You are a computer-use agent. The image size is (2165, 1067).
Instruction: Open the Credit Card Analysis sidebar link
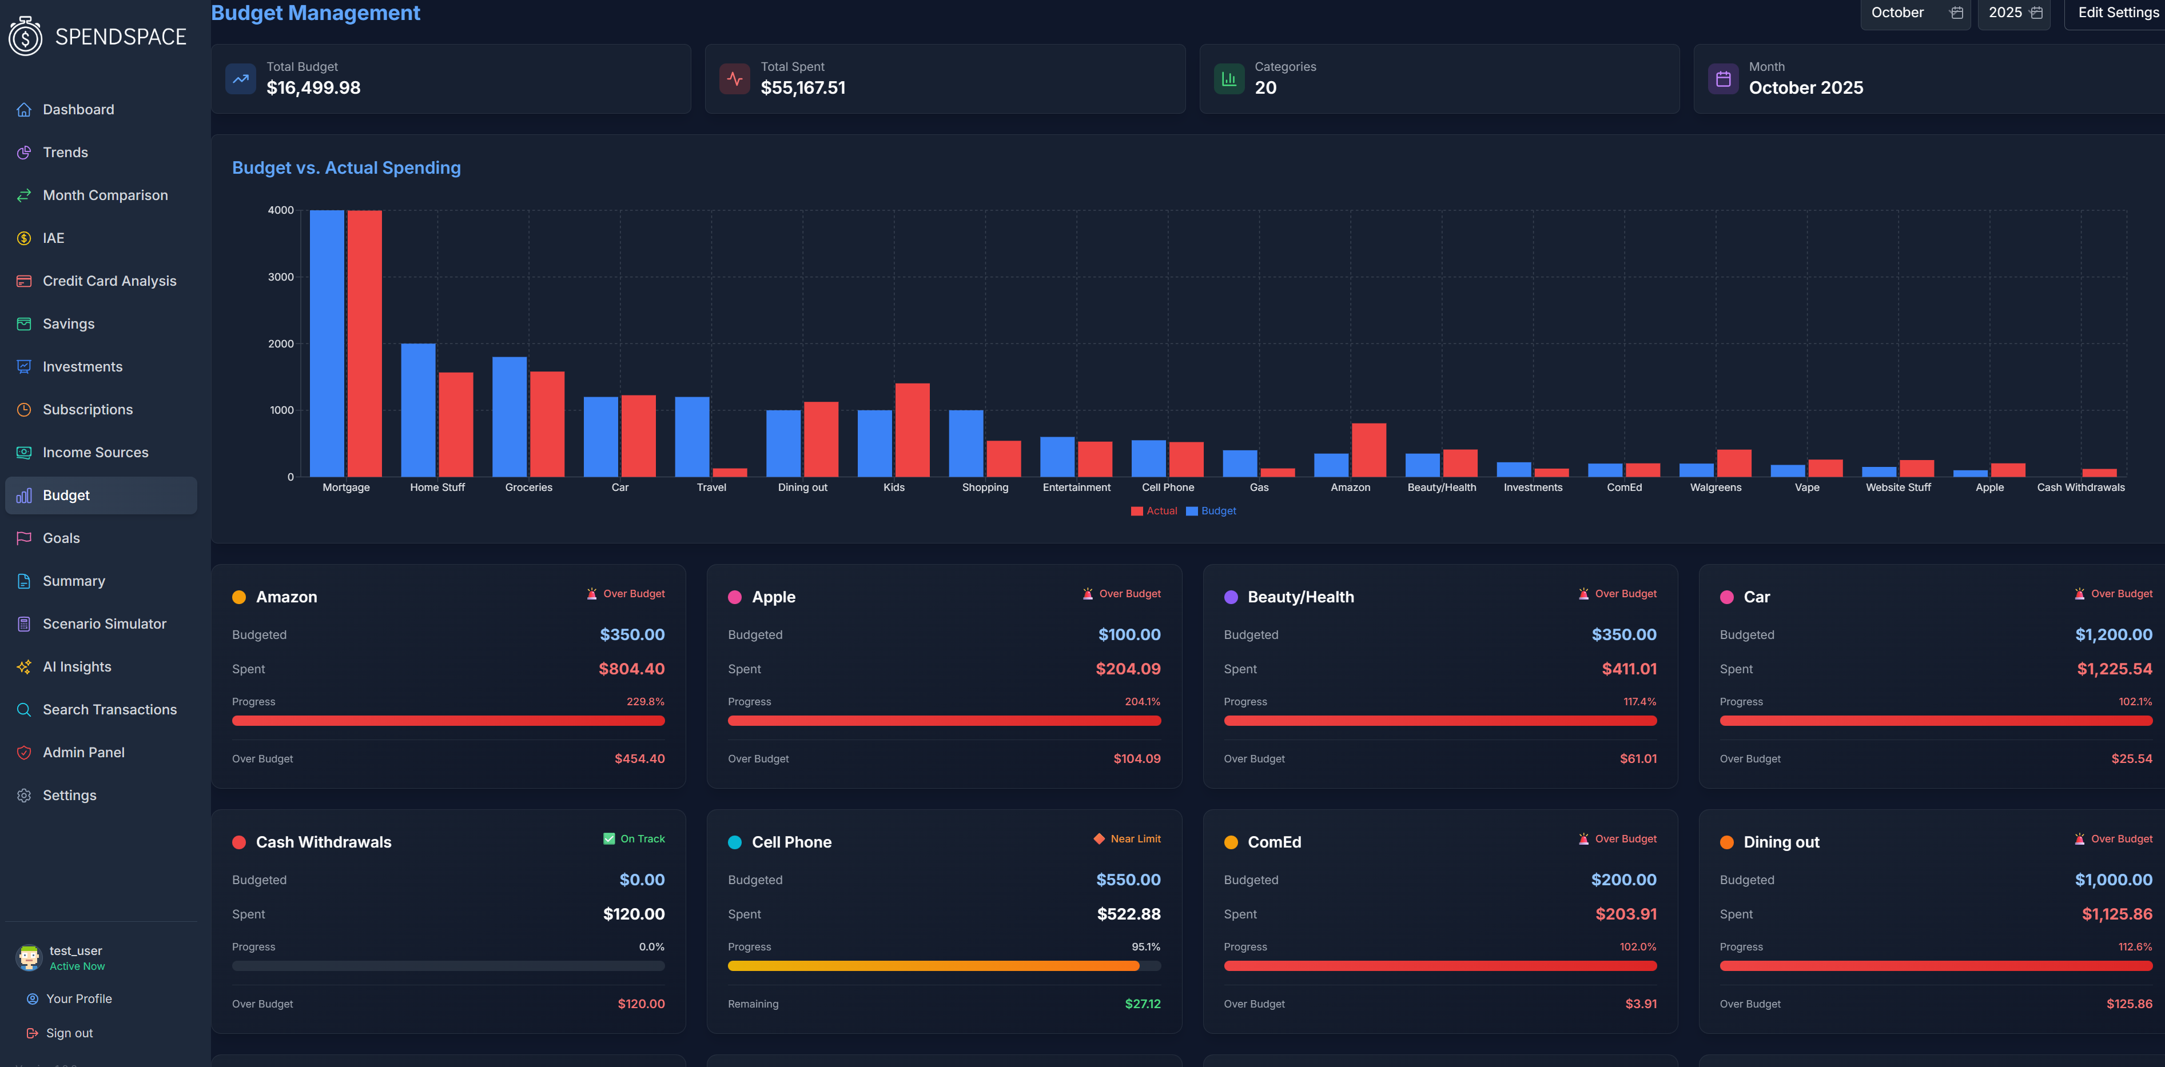109,281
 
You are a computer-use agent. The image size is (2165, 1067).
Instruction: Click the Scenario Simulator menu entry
104,624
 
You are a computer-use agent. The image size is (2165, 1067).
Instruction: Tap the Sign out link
69,1033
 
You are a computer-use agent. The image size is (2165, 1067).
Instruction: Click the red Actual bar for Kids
912,430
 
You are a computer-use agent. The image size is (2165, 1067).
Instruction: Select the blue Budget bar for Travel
692,436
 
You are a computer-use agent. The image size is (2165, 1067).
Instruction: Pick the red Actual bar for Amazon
1368,449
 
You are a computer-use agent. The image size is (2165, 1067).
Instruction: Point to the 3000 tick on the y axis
281,277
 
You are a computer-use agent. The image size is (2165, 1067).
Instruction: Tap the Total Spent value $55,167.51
803,87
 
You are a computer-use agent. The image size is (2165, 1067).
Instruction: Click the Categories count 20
1265,87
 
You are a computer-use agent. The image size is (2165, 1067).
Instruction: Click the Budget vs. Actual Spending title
347,167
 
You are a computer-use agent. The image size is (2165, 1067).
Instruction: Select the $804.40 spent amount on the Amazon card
631,669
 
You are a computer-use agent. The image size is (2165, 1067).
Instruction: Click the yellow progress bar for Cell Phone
933,965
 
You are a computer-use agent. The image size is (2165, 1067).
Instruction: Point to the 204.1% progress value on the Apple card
1142,702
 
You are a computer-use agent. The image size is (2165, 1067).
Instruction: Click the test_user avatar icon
29,957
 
